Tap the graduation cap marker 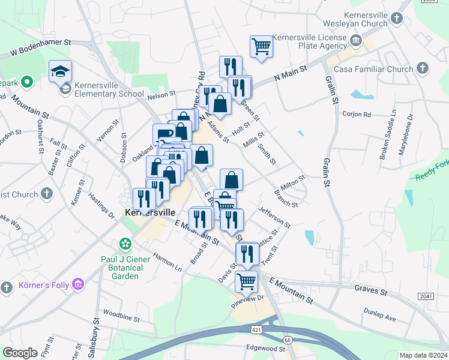coord(60,71)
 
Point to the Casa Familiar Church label coord(382,69)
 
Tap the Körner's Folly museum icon coord(77,284)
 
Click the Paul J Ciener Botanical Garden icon coord(125,244)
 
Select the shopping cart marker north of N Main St coord(261,46)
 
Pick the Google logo coord(20,353)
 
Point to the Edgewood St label coord(265,349)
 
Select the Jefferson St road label coord(274,217)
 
